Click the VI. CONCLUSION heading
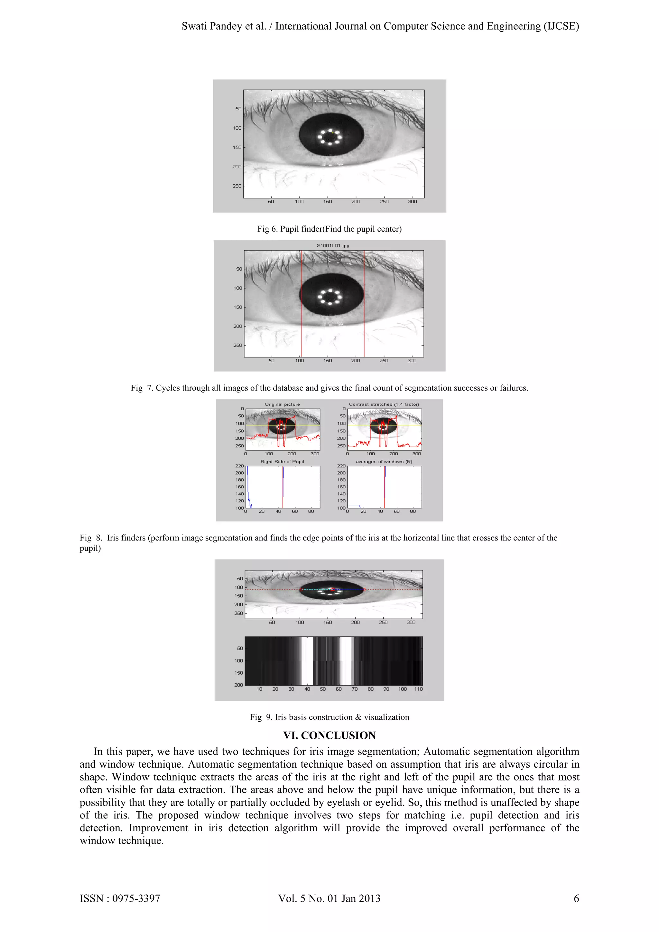coord(329,735)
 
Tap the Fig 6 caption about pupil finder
coord(329,229)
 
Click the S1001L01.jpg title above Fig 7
coord(333,245)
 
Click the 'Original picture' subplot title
coord(282,404)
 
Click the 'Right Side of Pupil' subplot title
coord(282,462)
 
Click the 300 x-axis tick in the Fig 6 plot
coord(412,202)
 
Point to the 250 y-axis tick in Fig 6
coord(237,186)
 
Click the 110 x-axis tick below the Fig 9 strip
coord(418,689)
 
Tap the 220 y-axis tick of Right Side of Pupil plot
coord(239,466)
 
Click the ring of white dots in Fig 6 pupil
coord(330,137)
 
